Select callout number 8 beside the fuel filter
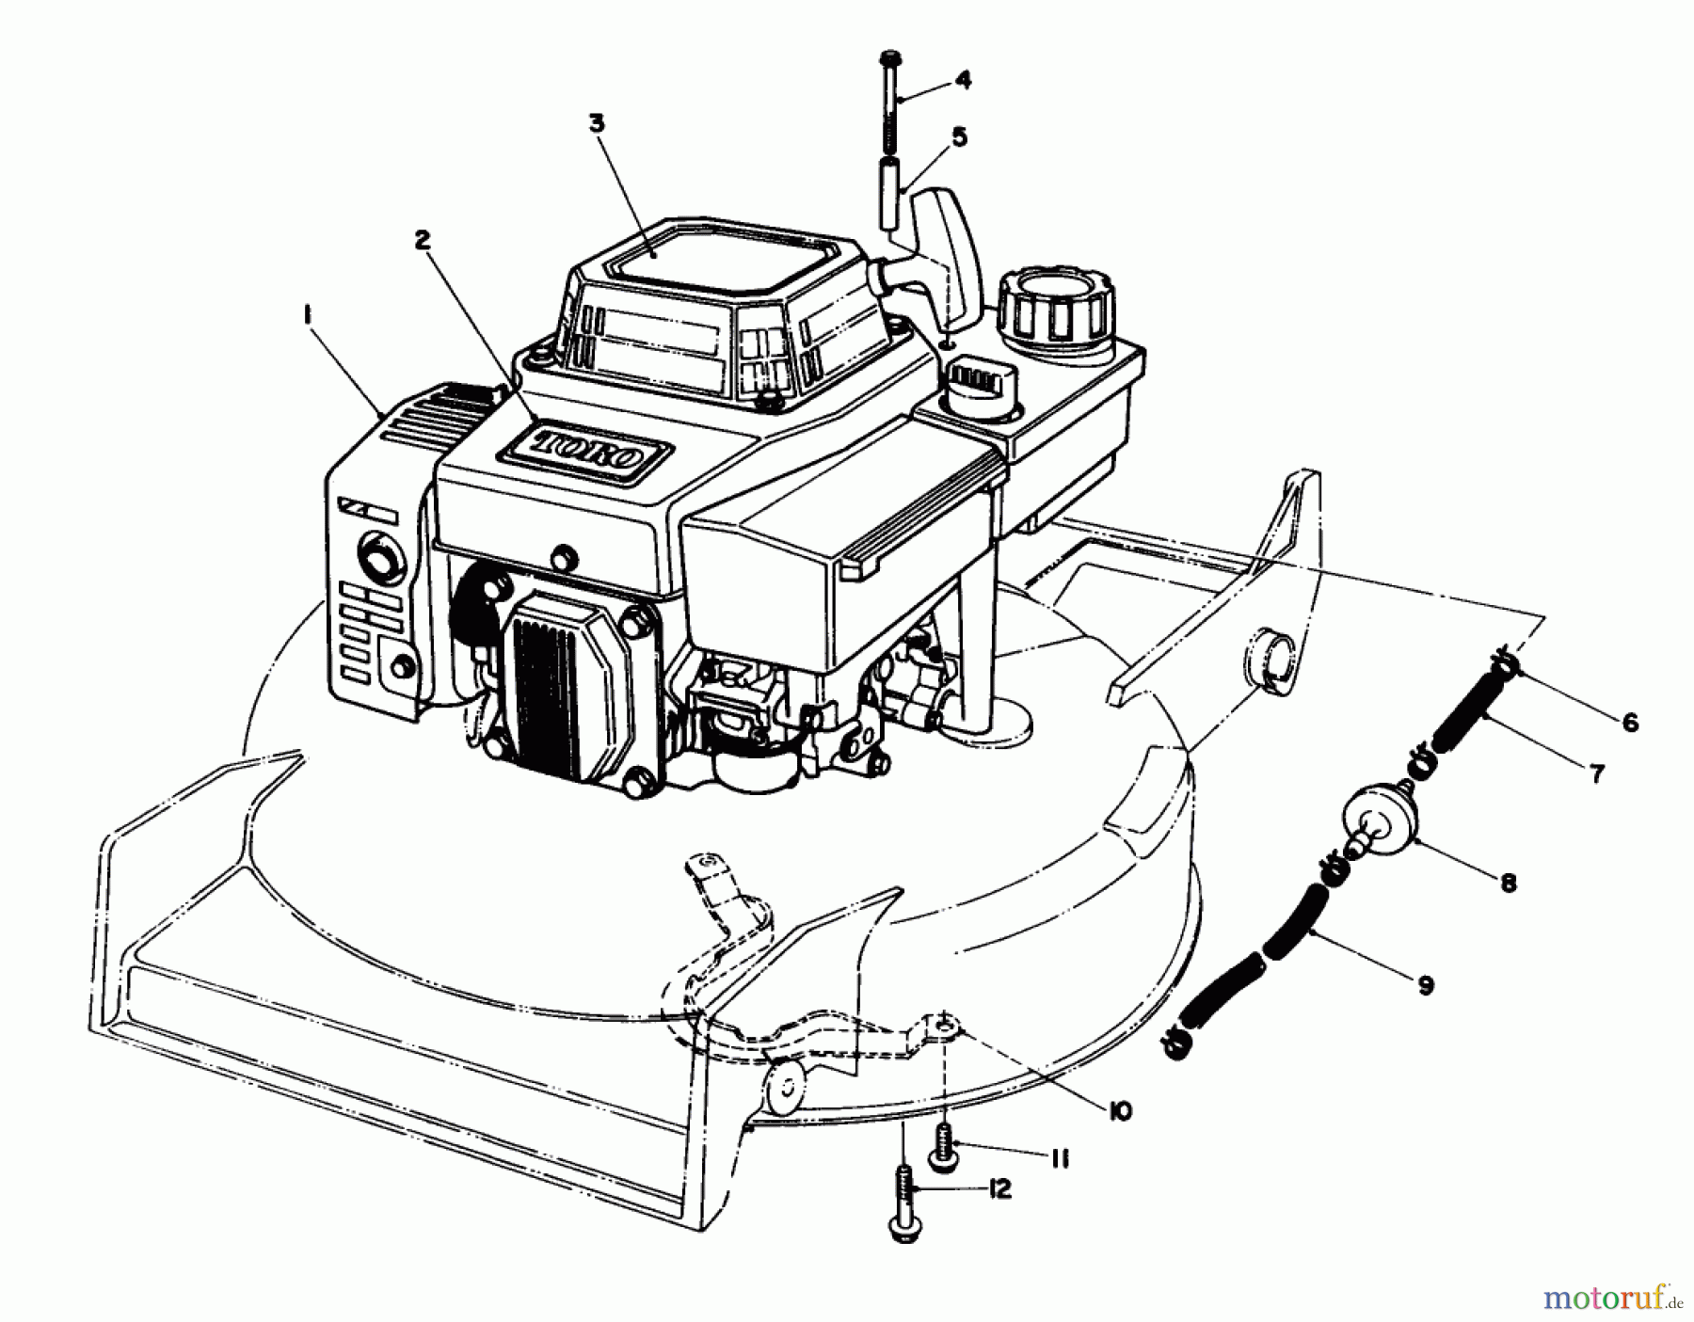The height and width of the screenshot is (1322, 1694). pyautogui.click(x=1508, y=883)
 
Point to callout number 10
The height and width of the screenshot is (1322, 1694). pyautogui.click(x=1119, y=1111)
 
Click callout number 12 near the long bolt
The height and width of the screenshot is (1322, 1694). pyautogui.click(x=999, y=1189)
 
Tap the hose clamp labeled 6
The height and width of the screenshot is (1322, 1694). pyautogui.click(x=1502, y=662)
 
